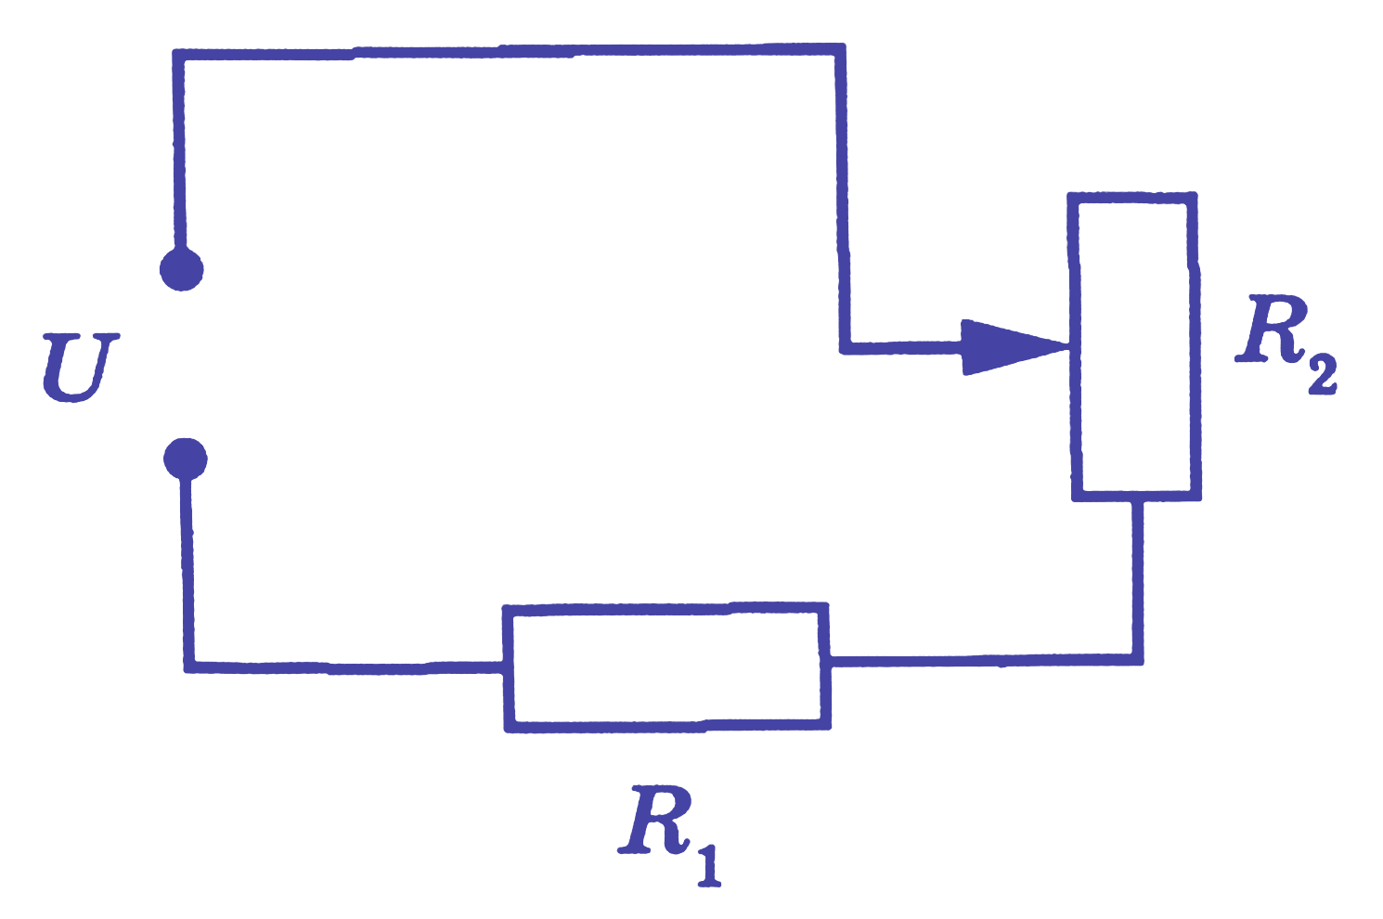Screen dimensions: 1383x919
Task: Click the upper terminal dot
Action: pos(182,269)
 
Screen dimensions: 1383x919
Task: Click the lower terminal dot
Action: pos(186,459)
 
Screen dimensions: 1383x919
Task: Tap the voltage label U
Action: pos(80,369)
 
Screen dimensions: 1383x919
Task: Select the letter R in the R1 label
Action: pos(654,821)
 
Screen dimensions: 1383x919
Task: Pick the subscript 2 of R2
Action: pos(1322,373)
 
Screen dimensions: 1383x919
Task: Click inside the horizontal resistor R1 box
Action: pos(666,667)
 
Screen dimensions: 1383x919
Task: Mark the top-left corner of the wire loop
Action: pos(178,55)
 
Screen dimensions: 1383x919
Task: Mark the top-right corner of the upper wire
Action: pos(840,49)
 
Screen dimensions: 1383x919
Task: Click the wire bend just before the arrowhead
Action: pos(846,348)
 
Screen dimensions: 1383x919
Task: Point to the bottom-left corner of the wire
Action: pos(190,667)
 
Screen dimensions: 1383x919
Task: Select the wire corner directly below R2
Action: pos(1138,660)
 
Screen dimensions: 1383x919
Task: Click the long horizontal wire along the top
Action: pos(509,52)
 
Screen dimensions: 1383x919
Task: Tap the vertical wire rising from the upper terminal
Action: pos(179,151)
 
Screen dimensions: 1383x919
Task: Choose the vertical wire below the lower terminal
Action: pos(188,571)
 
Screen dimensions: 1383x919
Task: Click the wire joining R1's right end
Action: pos(986,661)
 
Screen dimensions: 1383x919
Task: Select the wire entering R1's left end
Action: pos(345,667)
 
